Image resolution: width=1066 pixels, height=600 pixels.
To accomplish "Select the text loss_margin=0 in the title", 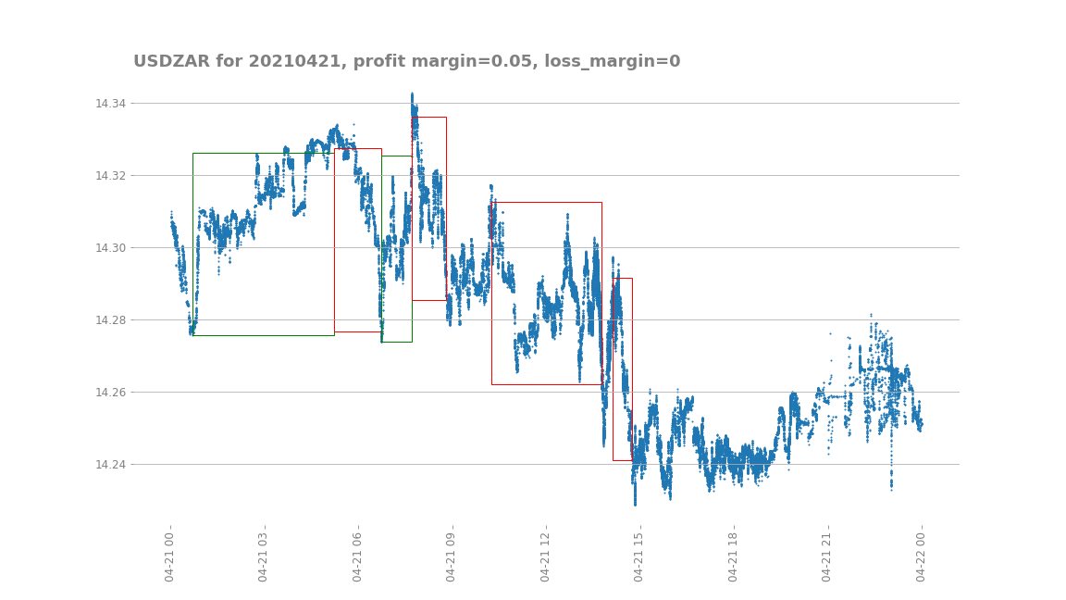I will [612, 61].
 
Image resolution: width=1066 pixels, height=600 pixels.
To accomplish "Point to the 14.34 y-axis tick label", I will [111, 103].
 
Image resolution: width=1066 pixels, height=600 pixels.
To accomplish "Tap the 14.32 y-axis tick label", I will [111, 175].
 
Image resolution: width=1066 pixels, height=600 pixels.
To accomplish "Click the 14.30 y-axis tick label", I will [111, 247].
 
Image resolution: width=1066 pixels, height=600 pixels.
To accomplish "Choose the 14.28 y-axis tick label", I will [111, 319].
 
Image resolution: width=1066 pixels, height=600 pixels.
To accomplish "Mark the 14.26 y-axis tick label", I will [111, 392].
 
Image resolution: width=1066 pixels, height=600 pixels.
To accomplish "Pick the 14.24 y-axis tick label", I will [111, 464].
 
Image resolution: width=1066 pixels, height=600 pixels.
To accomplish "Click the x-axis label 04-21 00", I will [170, 556].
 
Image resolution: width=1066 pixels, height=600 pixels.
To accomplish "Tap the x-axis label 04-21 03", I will [264, 556].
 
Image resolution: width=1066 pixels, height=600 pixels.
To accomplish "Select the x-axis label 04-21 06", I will [358, 556].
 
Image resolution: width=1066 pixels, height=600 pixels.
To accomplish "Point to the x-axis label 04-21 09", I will [452, 556].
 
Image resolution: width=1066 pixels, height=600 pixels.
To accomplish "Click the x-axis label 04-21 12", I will [545, 556].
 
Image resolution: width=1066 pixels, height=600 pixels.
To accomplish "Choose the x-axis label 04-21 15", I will [639, 556].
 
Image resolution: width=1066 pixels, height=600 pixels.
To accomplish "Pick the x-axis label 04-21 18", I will [733, 556].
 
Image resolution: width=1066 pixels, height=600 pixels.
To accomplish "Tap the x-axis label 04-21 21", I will [827, 556].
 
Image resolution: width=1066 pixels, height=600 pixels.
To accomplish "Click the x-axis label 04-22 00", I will [921, 556].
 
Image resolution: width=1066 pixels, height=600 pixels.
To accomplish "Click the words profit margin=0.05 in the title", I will [443, 61].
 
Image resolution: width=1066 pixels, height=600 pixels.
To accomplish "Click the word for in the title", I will [229, 61].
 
